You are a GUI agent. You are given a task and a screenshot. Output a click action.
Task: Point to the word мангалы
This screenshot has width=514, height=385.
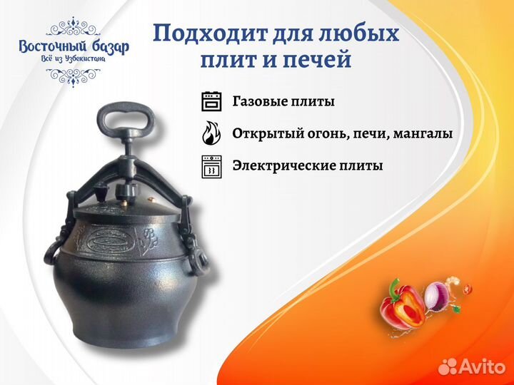pos(423,134)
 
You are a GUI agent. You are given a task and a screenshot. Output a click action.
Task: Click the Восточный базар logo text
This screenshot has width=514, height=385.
pos(74,47)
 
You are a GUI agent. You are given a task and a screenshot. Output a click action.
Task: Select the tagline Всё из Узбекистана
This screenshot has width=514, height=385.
pos(74,59)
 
